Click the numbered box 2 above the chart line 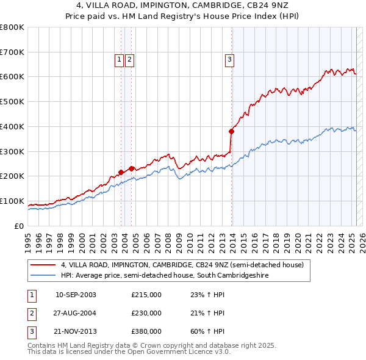pos(130,59)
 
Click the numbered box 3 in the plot pos(229,59)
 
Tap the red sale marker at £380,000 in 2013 pos(232,131)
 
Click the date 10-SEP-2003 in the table pos(76,295)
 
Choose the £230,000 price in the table pos(146,313)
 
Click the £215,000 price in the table pos(146,295)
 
